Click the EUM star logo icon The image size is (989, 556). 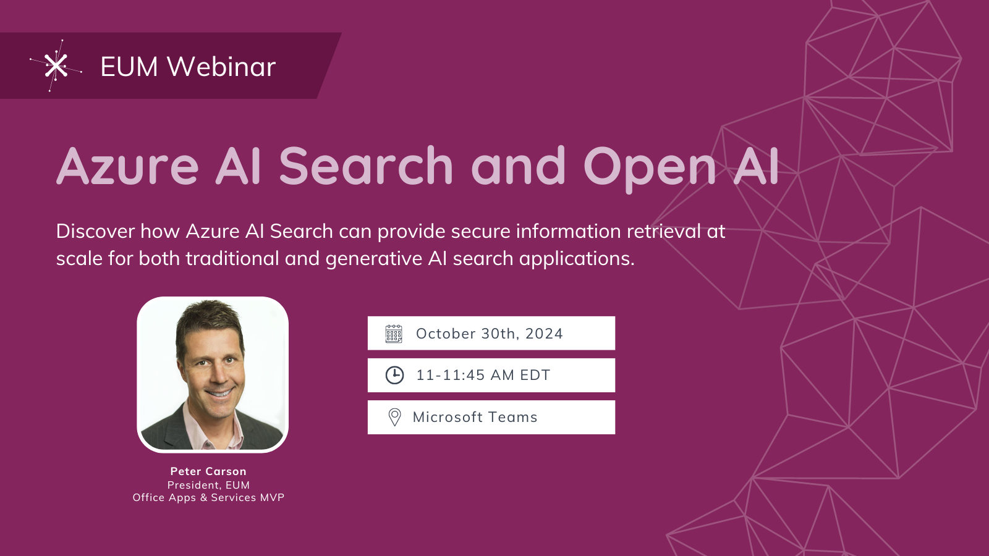coord(56,65)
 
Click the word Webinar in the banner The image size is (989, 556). coord(221,67)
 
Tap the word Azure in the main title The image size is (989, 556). coord(127,167)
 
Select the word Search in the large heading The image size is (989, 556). coord(366,167)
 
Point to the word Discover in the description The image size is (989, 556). coord(95,231)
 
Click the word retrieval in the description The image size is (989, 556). coord(664,231)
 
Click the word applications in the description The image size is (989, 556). coord(576,259)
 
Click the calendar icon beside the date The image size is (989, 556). coord(394,334)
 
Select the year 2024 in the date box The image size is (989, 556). coord(544,334)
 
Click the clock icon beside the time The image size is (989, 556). coord(394,375)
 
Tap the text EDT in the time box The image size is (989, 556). coord(535,375)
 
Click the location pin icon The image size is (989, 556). coord(394,417)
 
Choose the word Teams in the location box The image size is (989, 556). coord(512,417)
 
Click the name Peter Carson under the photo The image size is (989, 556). coord(208,471)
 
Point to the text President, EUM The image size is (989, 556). coord(208,485)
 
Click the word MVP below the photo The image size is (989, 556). coord(272,498)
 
